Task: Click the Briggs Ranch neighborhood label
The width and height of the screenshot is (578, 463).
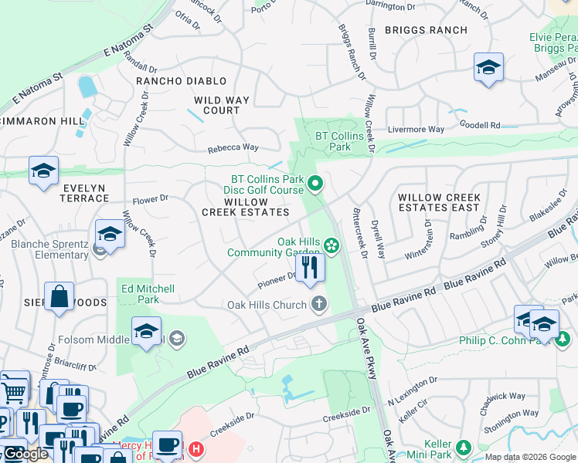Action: [x=426, y=30]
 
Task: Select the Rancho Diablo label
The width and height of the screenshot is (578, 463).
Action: [x=182, y=81]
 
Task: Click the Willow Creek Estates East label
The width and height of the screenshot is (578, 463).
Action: [x=439, y=202]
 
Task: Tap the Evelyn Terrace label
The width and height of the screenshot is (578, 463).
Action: [x=75, y=193]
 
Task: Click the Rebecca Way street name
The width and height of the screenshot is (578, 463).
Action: [x=233, y=147]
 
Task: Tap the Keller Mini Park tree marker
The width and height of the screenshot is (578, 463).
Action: [x=464, y=447]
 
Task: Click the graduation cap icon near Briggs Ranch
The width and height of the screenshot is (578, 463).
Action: [x=488, y=68]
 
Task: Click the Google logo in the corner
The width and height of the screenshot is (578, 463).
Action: [x=25, y=454]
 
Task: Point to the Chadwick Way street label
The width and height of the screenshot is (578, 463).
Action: [x=501, y=396]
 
